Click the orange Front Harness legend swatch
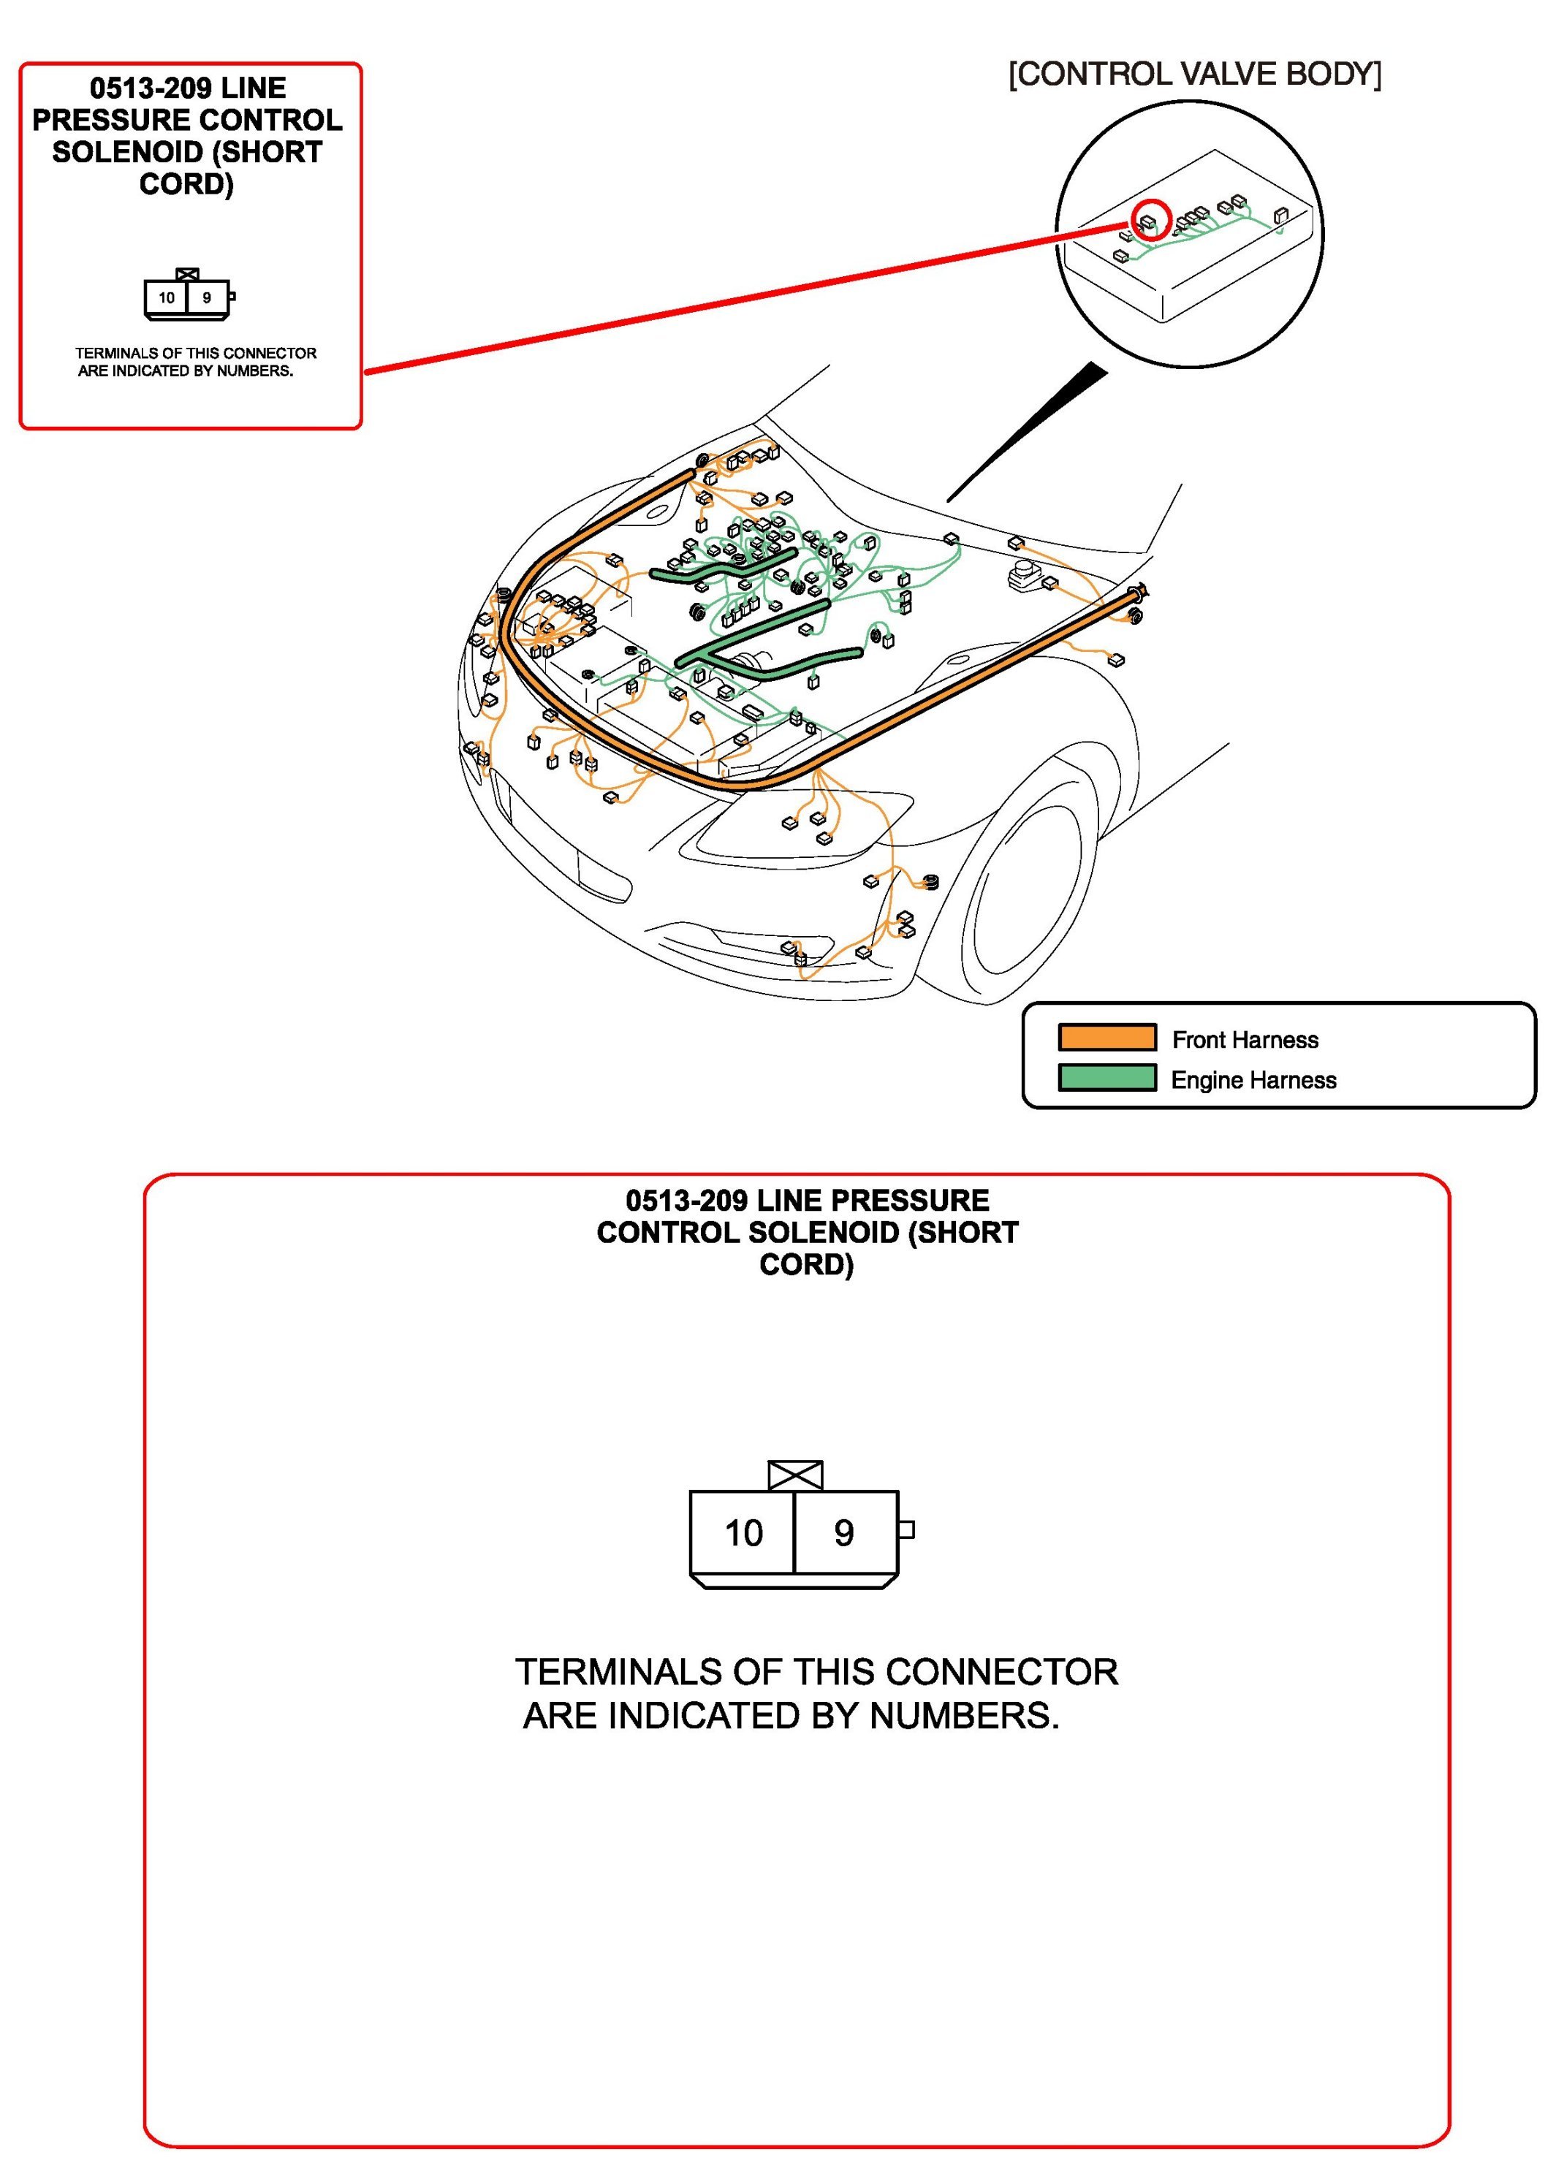pos(1106,1038)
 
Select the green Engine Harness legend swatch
pos(1106,1078)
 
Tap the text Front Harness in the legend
pos(1245,1040)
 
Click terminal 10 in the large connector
pos(743,1534)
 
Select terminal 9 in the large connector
pos(844,1534)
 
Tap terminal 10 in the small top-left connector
pos(167,297)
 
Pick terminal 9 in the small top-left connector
pos(206,297)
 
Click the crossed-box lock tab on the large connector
pos(794,1475)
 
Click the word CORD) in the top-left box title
pos(186,184)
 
